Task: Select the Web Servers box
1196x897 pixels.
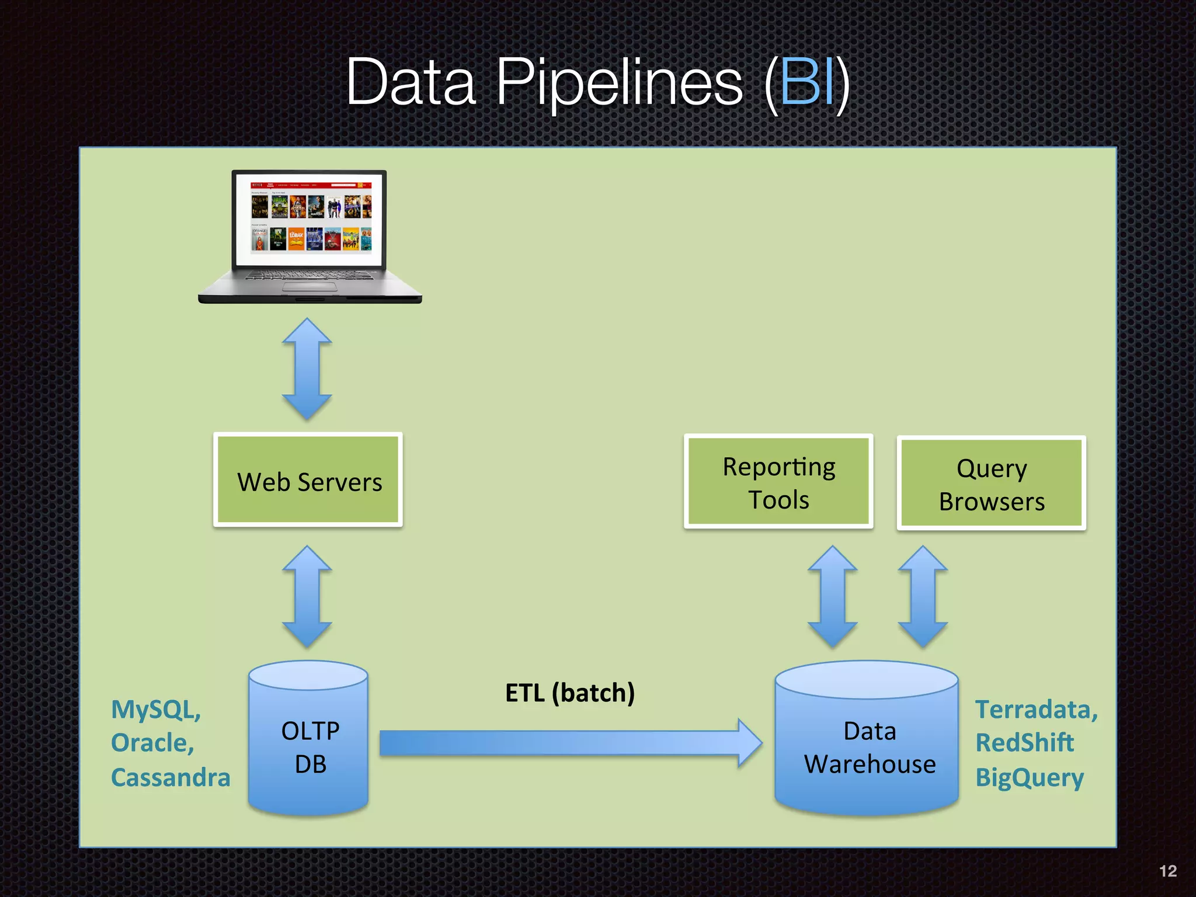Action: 308,480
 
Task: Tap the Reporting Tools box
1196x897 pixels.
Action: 778,482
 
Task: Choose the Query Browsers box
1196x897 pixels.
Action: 991,484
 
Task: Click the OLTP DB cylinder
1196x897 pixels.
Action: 308,747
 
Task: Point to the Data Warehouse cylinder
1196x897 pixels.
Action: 867,747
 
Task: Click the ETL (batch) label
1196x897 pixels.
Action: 569,693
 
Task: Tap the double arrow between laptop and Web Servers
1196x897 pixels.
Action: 307,369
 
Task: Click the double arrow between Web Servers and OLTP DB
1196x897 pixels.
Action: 307,597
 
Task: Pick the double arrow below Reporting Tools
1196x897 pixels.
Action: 832,597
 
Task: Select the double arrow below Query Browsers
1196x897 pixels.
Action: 923,597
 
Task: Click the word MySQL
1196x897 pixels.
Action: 155,710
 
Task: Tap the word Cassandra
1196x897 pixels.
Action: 171,778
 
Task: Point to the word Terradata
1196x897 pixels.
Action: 1035,710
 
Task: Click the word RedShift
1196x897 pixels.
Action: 1024,743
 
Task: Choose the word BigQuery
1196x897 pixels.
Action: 1029,778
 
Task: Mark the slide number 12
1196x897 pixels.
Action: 1167,871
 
